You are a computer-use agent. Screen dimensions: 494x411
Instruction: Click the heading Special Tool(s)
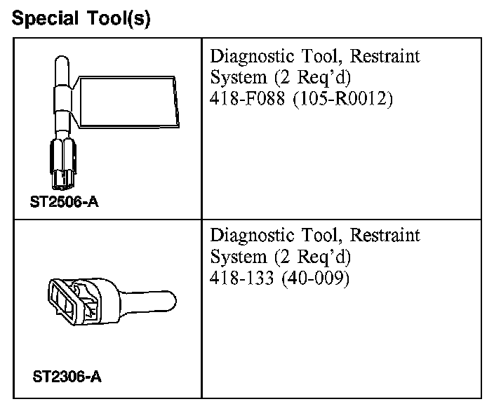pos(81,18)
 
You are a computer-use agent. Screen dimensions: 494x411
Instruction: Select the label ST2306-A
pos(67,377)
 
